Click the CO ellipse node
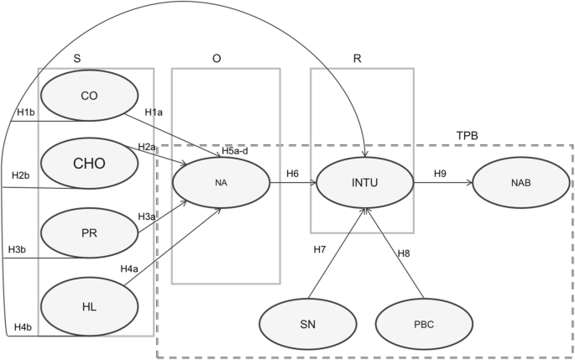pyautogui.click(x=89, y=97)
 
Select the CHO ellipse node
pyautogui.click(x=89, y=163)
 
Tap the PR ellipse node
pyautogui.click(x=89, y=234)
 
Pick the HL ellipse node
pyautogui.click(x=89, y=306)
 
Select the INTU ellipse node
pyautogui.click(x=363, y=180)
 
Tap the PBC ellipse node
pyautogui.click(x=418, y=322)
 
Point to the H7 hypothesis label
pyautogui.click(x=320, y=249)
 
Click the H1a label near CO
pyautogui.click(x=153, y=112)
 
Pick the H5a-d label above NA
pyautogui.click(x=235, y=151)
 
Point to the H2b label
pyautogui.click(x=20, y=175)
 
